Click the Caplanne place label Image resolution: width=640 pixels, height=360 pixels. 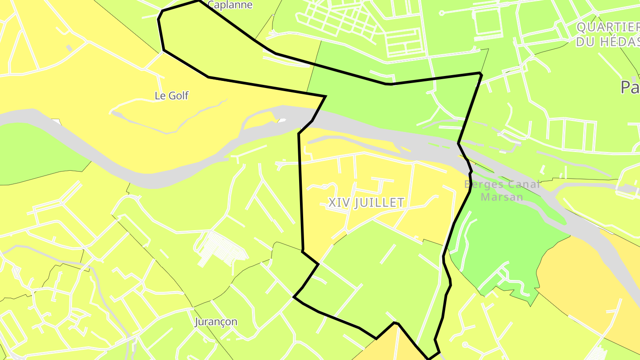230,5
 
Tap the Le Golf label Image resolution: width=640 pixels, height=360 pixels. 172,95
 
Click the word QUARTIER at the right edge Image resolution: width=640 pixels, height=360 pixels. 608,28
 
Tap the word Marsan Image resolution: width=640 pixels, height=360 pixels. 502,196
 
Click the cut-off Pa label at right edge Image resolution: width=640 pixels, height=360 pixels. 630,88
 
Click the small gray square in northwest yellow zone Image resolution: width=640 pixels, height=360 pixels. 69,48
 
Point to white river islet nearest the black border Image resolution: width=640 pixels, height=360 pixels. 282,120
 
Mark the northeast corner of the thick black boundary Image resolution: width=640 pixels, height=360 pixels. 480,73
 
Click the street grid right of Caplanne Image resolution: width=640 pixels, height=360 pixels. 338,18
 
